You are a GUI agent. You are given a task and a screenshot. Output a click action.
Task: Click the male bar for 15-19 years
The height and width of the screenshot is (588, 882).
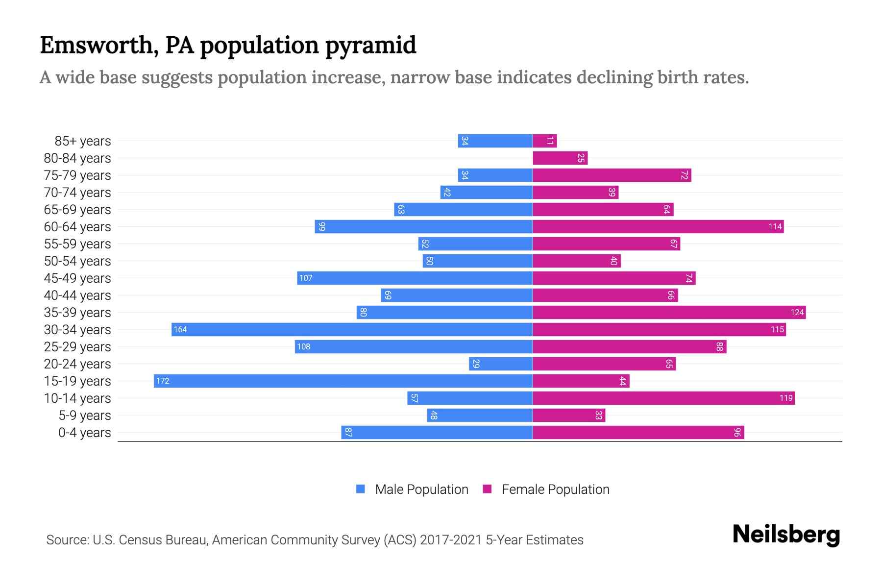pyautogui.click(x=343, y=381)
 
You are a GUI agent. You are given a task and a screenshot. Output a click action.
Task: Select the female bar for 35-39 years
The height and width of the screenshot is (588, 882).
pyautogui.click(x=669, y=312)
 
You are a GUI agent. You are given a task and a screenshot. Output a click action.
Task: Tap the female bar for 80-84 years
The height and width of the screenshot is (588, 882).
pyautogui.click(x=560, y=158)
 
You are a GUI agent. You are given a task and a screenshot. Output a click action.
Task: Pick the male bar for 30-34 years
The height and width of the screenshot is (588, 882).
pyautogui.click(x=352, y=329)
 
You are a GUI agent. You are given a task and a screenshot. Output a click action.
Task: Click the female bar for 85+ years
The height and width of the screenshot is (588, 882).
pyautogui.click(x=544, y=141)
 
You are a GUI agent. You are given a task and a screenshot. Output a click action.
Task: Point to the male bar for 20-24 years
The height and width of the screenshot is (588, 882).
pyautogui.click(x=501, y=364)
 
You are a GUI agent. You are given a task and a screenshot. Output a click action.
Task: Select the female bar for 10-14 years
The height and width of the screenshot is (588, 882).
pyautogui.click(x=663, y=398)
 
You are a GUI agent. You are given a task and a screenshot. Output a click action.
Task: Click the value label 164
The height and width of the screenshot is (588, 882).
pyautogui.click(x=180, y=329)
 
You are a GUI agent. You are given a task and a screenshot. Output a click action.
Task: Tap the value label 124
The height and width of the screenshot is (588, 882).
pyautogui.click(x=797, y=312)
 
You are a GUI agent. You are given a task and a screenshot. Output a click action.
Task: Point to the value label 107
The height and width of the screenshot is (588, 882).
pyautogui.click(x=306, y=278)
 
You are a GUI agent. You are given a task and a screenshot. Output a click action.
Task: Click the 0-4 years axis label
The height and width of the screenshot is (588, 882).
pyautogui.click(x=84, y=433)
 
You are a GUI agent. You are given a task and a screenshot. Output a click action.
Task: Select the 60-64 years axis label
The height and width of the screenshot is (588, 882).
pyautogui.click(x=77, y=227)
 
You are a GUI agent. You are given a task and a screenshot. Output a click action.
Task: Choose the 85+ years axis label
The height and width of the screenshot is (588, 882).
pyautogui.click(x=83, y=141)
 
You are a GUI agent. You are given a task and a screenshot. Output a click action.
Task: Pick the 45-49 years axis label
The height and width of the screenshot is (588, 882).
pyautogui.click(x=77, y=278)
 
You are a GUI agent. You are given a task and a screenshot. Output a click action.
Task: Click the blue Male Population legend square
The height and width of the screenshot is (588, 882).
pyautogui.click(x=361, y=489)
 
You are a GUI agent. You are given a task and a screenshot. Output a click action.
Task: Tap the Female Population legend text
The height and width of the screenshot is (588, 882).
pyautogui.click(x=555, y=489)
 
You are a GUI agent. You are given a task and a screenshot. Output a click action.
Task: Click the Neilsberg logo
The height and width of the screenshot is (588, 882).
pyautogui.click(x=786, y=535)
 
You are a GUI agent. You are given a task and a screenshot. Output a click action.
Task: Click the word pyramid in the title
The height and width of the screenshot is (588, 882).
pyautogui.click(x=370, y=45)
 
